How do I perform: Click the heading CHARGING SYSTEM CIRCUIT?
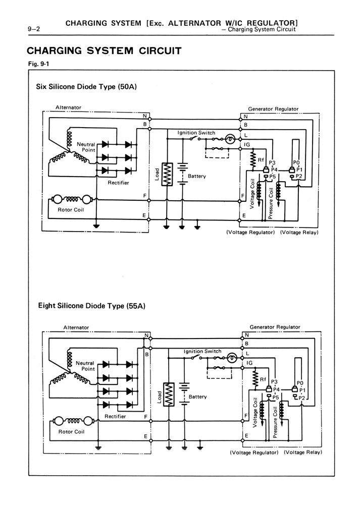coord(104,51)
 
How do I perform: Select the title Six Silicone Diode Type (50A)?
coord(86,86)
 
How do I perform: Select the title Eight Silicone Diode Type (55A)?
coord(91,306)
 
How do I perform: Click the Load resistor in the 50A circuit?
coord(167,174)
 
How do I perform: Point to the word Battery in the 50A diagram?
coord(197,177)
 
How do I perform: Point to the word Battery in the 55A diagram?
coord(197,397)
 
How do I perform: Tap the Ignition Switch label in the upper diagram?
coord(196,133)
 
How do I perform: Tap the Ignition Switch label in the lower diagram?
coord(202,351)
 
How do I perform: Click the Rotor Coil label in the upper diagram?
coord(71,210)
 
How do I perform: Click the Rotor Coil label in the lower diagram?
coord(72,432)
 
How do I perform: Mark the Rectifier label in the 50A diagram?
coord(118,183)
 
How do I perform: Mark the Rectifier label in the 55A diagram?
coord(115,417)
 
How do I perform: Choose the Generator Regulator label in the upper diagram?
coord(273,109)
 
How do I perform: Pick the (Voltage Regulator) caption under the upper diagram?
coord(250,233)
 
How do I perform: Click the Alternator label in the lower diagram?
coord(76,327)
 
